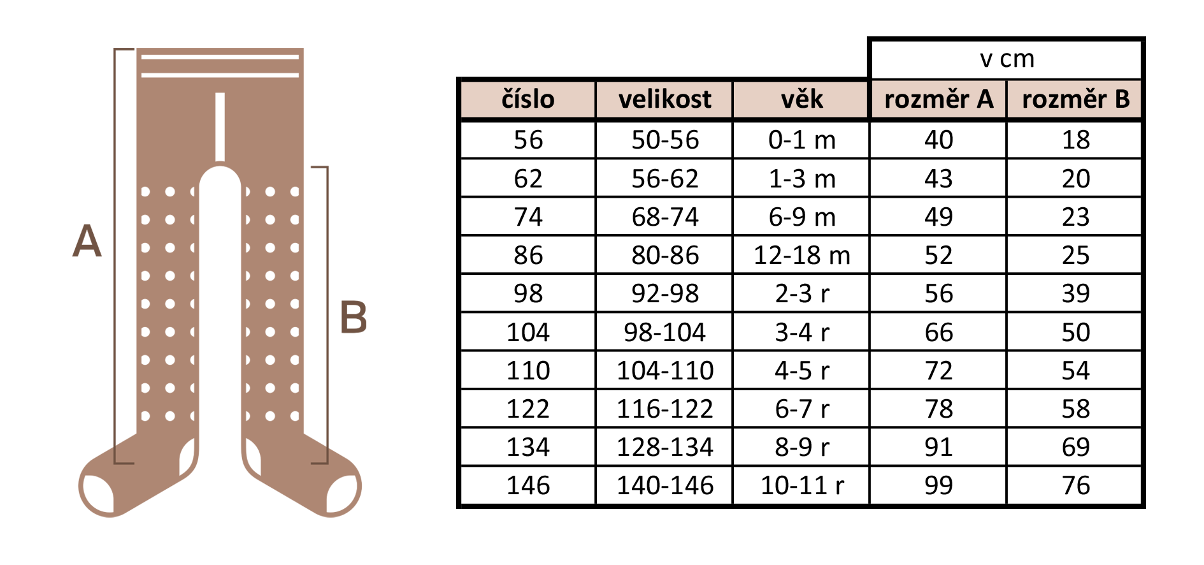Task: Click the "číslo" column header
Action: pyautogui.click(x=527, y=99)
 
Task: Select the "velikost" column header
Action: pyautogui.click(x=664, y=99)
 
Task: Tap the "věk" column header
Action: pyautogui.click(x=801, y=99)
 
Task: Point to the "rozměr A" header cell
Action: pyautogui.click(x=938, y=99)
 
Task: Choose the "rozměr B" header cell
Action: pyautogui.click(x=1075, y=99)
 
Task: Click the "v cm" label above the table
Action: pyautogui.click(x=1007, y=59)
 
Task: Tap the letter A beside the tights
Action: pyautogui.click(x=87, y=241)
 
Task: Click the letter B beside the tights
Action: pyautogui.click(x=354, y=317)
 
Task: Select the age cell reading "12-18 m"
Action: pyautogui.click(x=801, y=256)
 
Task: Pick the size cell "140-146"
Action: pyautogui.click(x=664, y=486)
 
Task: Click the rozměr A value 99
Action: pyautogui.click(x=938, y=486)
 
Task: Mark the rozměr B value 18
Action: pyautogui.click(x=1075, y=140)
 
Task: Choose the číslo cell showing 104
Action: pyautogui.click(x=527, y=332)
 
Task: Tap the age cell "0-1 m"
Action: pyautogui.click(x=801, y=140)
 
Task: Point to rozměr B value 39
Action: pyautogui.click(x=1075, y=294)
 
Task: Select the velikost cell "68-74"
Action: pyautogui.click(x=664, y=217)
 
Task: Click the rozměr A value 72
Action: pyautogui.click(x=938, y=371)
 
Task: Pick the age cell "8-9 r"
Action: pyautogui.click(x=801, y=448)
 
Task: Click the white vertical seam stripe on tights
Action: pyautogui.click(x=220, y=127)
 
